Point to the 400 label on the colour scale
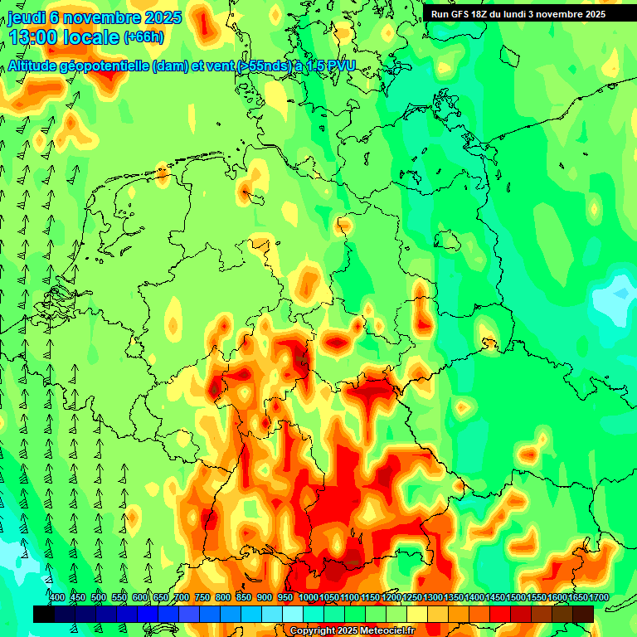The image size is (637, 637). click(x=57, y=597)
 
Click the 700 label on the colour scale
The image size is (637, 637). click(x=182, y=597)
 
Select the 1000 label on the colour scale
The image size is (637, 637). click(x=308, y=597)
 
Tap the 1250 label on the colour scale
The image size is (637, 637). click(x=412, y=597)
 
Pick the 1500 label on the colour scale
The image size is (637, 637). click(x=516, y=597)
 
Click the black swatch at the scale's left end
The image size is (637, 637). click(x=44, y=614)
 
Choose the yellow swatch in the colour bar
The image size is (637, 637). click(x=417, y=614)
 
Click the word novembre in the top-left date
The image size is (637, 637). click(x=100, y=17)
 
